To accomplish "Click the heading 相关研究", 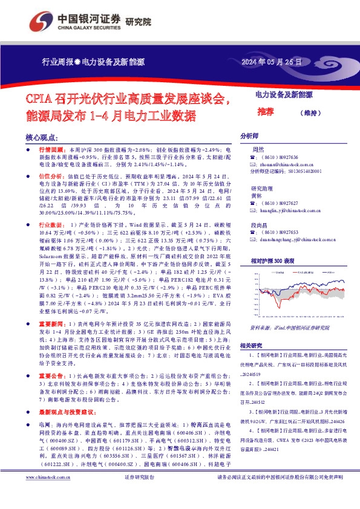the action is click(x=251, y=346).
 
